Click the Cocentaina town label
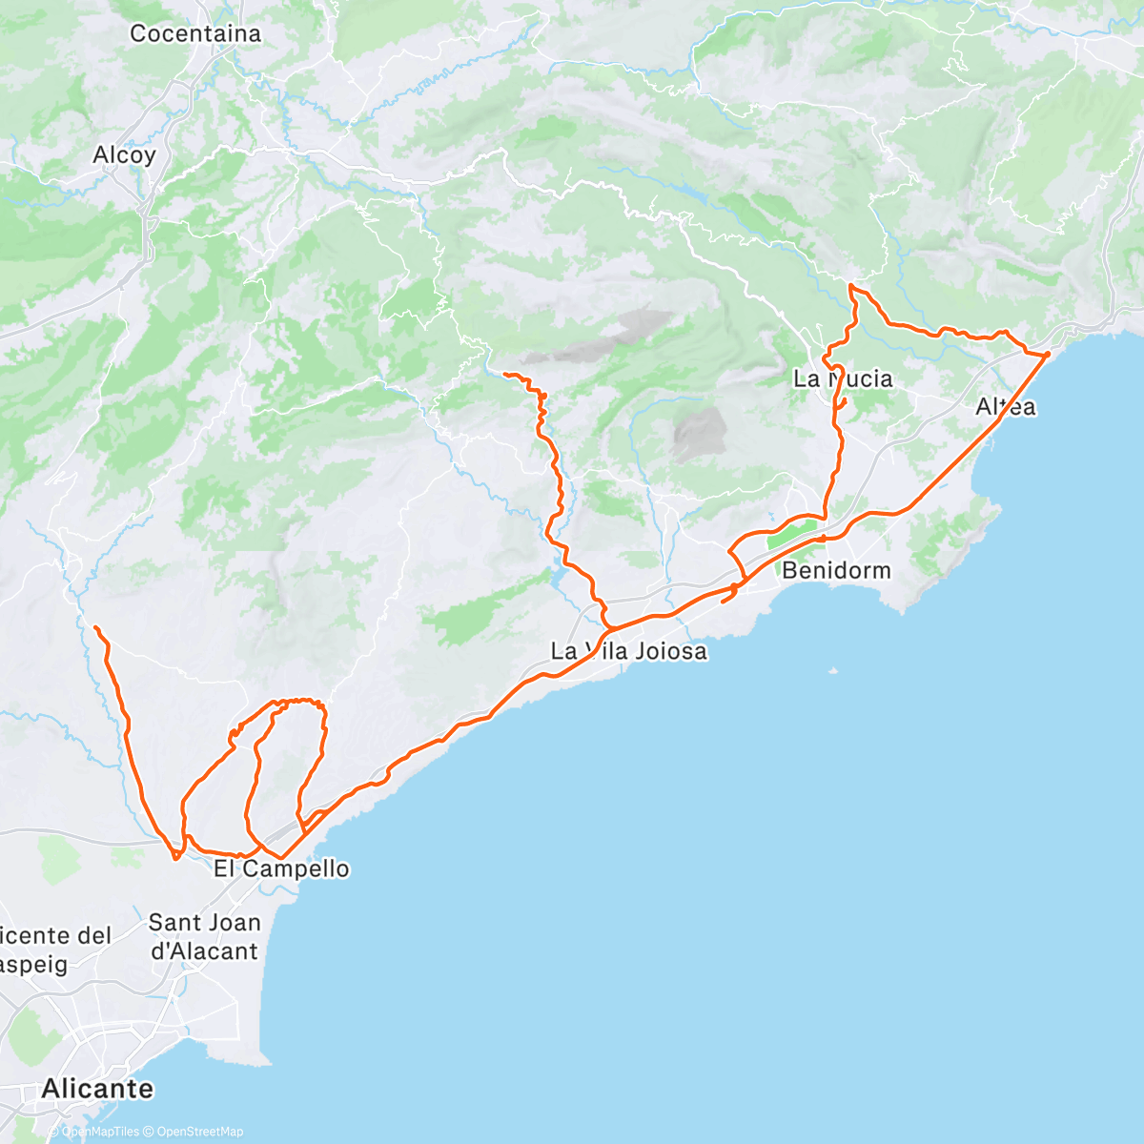pos(194,33)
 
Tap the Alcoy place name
pos(124,154)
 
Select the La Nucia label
pos(843,379)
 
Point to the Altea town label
pos(1005,407)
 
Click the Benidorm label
pos(836,571)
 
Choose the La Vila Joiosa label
pos(628,652)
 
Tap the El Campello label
pos(281,868)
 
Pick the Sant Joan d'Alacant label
pos(204,936)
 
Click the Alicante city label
pos(97,1088)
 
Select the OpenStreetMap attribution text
pos(199,1132)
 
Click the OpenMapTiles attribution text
pos(100,1132)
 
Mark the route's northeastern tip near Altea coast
pos(1048,354)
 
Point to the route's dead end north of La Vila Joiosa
pos(504,374)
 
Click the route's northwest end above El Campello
pos(96,626)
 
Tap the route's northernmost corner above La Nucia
pos(850,286)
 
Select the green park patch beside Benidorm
pos(792,534)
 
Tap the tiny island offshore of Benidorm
pos(833,671)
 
